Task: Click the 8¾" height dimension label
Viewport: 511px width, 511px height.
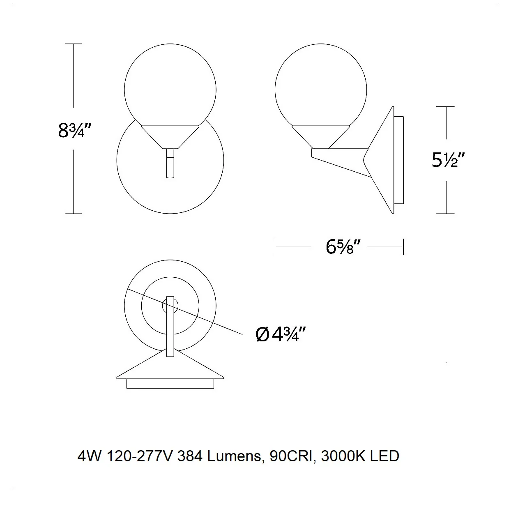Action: pos(75,130)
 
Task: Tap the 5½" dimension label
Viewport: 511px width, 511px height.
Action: pos(448,160)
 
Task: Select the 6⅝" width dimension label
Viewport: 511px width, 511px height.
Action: pos(343,246)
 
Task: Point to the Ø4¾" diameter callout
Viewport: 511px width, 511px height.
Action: pos(281,334)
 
